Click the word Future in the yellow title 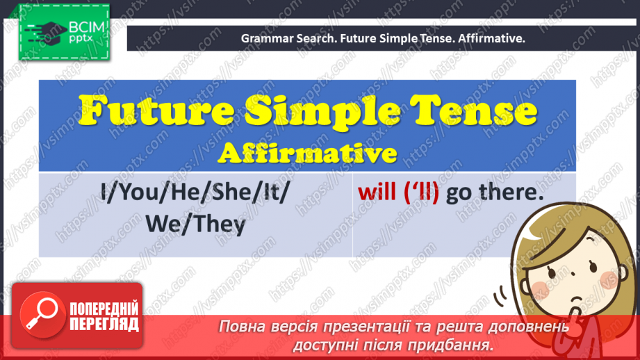click(156, 111)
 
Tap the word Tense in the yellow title click(473, 111)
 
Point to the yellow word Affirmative click(307, 153)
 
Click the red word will click(377, 192)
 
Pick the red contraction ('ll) click(421, 193)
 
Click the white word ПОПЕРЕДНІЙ click(104, 309)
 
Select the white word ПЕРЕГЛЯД click(104, 325)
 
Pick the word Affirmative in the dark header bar click(491, 38)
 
